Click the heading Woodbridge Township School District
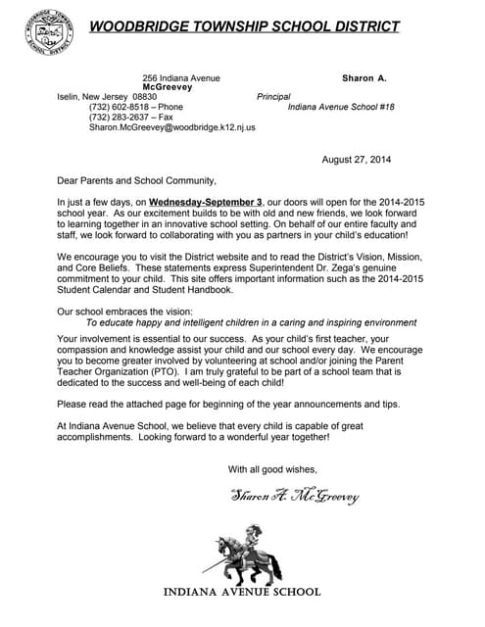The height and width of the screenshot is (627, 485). [245, 25]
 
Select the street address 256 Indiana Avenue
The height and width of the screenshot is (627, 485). [181, 77]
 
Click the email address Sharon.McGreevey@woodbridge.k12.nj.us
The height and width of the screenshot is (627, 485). [171, 127]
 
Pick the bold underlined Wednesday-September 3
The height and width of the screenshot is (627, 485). [206, 201]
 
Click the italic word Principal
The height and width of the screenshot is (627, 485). [274, 97]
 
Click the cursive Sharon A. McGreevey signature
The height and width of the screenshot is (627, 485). [295, 497]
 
